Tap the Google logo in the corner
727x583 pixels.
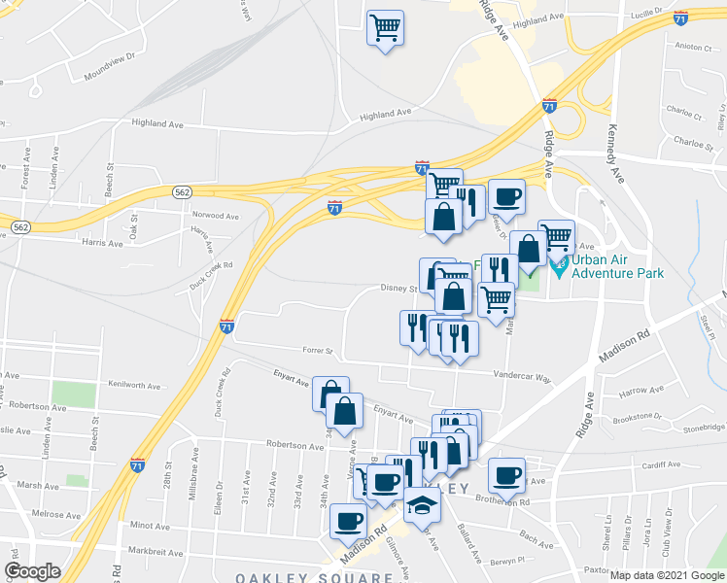(32, 571)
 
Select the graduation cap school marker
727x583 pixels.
(423, 506)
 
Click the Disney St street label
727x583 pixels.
(398, 288)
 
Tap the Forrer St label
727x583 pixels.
(316, 351)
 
